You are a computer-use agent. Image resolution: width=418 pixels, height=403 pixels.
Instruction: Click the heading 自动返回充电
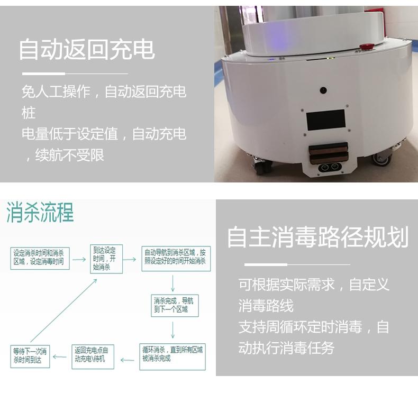click(87, 49)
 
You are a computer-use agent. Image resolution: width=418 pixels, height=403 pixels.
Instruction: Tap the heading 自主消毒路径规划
click(317, 237)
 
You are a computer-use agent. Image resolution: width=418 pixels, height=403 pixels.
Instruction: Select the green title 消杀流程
click(40, 212)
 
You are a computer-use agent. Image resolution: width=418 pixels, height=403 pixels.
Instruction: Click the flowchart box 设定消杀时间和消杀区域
click(40, 258)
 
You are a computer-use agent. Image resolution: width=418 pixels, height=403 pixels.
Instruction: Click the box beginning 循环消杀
click(172, 354)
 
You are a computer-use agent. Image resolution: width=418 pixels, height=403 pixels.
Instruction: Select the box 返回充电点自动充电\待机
click(93, 354)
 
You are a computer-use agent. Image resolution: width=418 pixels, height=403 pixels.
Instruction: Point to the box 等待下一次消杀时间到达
click(30, 356)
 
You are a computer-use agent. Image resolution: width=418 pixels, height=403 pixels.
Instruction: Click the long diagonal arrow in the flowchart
click(63, 310)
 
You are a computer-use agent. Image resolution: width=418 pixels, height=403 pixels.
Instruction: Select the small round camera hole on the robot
click(322, 90)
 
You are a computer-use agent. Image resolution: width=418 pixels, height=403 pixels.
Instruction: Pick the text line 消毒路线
click(266, 306)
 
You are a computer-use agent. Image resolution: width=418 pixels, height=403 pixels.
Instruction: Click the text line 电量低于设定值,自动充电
click(104, 134)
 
